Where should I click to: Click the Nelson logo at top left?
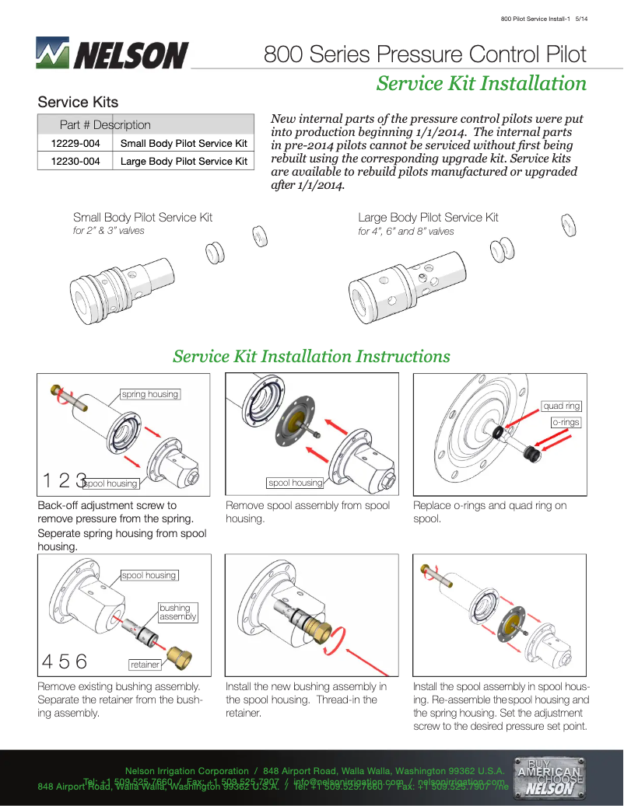point(112,54)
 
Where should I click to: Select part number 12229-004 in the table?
point(75,143)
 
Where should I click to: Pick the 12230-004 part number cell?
point(75,161)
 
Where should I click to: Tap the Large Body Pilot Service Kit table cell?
point(184,161)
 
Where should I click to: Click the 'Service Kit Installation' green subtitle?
point(481,83)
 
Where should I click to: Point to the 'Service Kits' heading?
point(78,102)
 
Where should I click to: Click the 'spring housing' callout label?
point(150,394)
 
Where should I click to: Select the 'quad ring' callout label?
point(561,406)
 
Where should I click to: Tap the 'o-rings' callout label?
point(566,422)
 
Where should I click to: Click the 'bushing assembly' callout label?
point(177,612)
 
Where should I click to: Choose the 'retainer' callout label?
point(145,665)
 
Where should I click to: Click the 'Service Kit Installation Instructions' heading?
point(311,356)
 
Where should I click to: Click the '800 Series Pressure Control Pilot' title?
point(425,54)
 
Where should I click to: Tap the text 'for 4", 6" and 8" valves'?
point(406,232)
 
